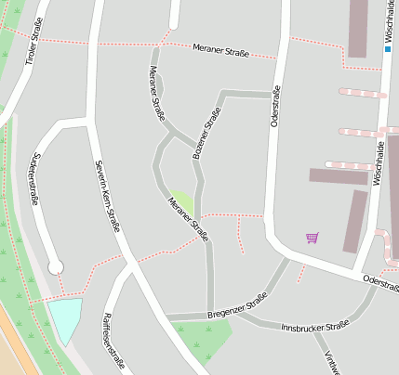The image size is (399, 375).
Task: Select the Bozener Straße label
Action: [206, 133]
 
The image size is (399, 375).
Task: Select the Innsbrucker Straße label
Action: [315, 326]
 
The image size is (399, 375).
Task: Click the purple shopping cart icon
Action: [312, 239]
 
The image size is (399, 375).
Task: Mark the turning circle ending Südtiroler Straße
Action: [56, 267]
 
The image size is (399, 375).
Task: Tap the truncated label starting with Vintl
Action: [329, 362]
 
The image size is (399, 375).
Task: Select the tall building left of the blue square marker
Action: [358, 28]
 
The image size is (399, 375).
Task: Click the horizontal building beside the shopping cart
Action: [339, 176]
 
